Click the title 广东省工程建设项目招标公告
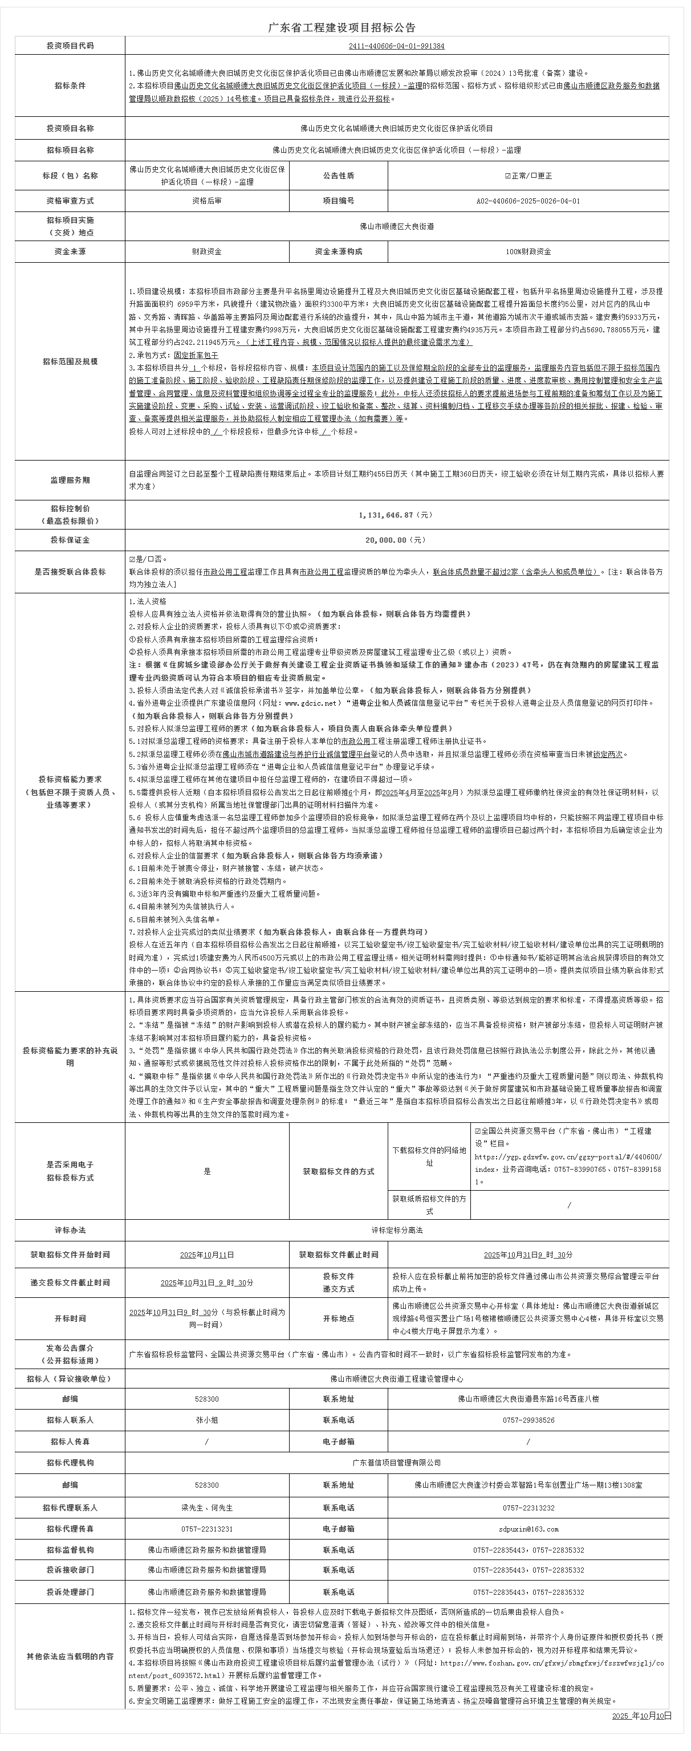[x=342, y=28]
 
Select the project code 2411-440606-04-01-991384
[x=396, y=46]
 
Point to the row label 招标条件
[x=70, y=86]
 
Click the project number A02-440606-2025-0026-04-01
[x=528, y=201]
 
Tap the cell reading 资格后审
[x=207, y=201]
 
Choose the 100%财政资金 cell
[x=528, y=251]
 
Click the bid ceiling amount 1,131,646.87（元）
[x=396, y=515]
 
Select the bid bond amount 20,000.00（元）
[x=396, y=540]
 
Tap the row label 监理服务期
[x=70, y=480]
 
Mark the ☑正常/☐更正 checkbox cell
[x=528, y=176]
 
